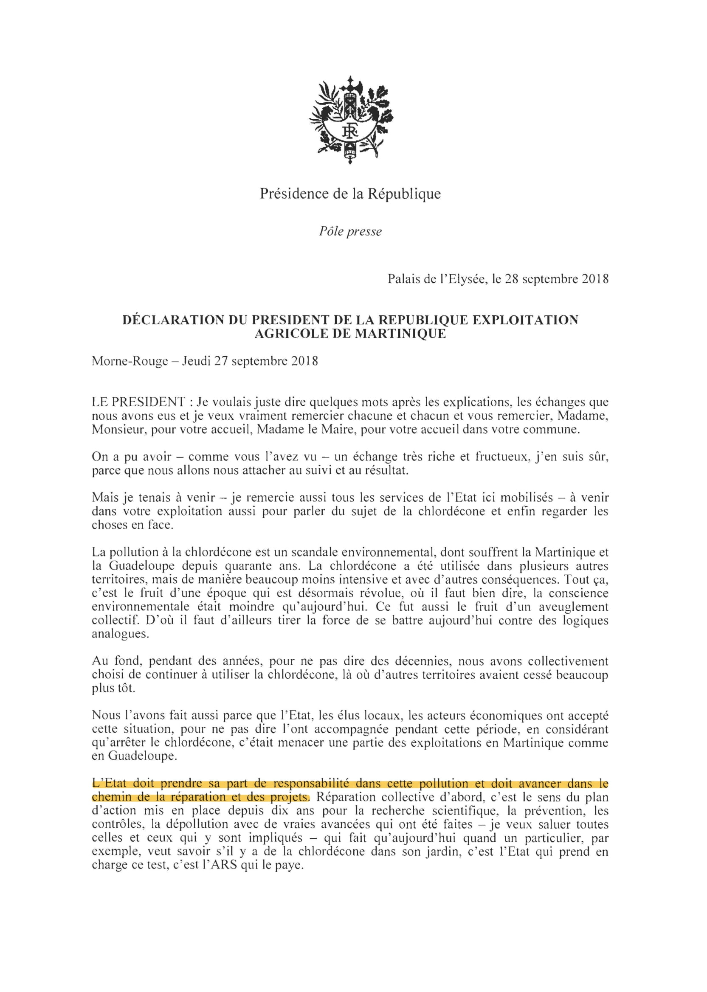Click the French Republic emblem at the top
pyautogui.click(x=350, y=120)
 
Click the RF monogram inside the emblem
pyautogui.click(x=350, y=131)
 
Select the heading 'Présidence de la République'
pyautogui.click(x=350, y=194)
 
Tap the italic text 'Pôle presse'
pyautogui.click(x=350, y=231)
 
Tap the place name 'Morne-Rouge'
pyautogui.click(x=130, y=361)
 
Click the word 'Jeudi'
pyautogui.click(x=196, y=361)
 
